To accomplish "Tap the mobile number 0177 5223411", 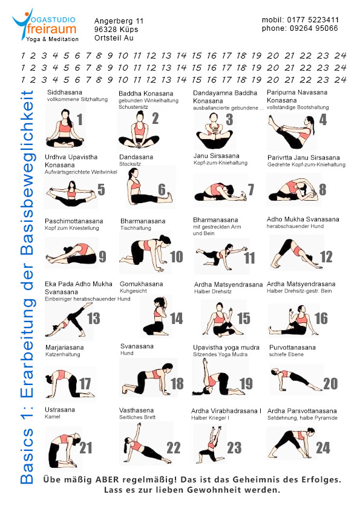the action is coord(313,20).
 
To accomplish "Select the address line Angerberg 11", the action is coord(119,21).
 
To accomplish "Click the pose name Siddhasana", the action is coord(65,92).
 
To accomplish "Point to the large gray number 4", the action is coord(322,120).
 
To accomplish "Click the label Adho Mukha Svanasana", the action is coord(303,219).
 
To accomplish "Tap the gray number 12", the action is coord(327,257).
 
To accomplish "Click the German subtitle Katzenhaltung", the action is coord(63,354).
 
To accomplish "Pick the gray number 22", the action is coord(174,448).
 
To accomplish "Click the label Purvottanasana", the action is coord(292,348).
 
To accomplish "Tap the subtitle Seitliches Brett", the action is coord(137,417).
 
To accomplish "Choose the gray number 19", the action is coord(246,383).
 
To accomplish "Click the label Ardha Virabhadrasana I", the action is coord(226,410).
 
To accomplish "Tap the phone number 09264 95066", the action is coord(300,28).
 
